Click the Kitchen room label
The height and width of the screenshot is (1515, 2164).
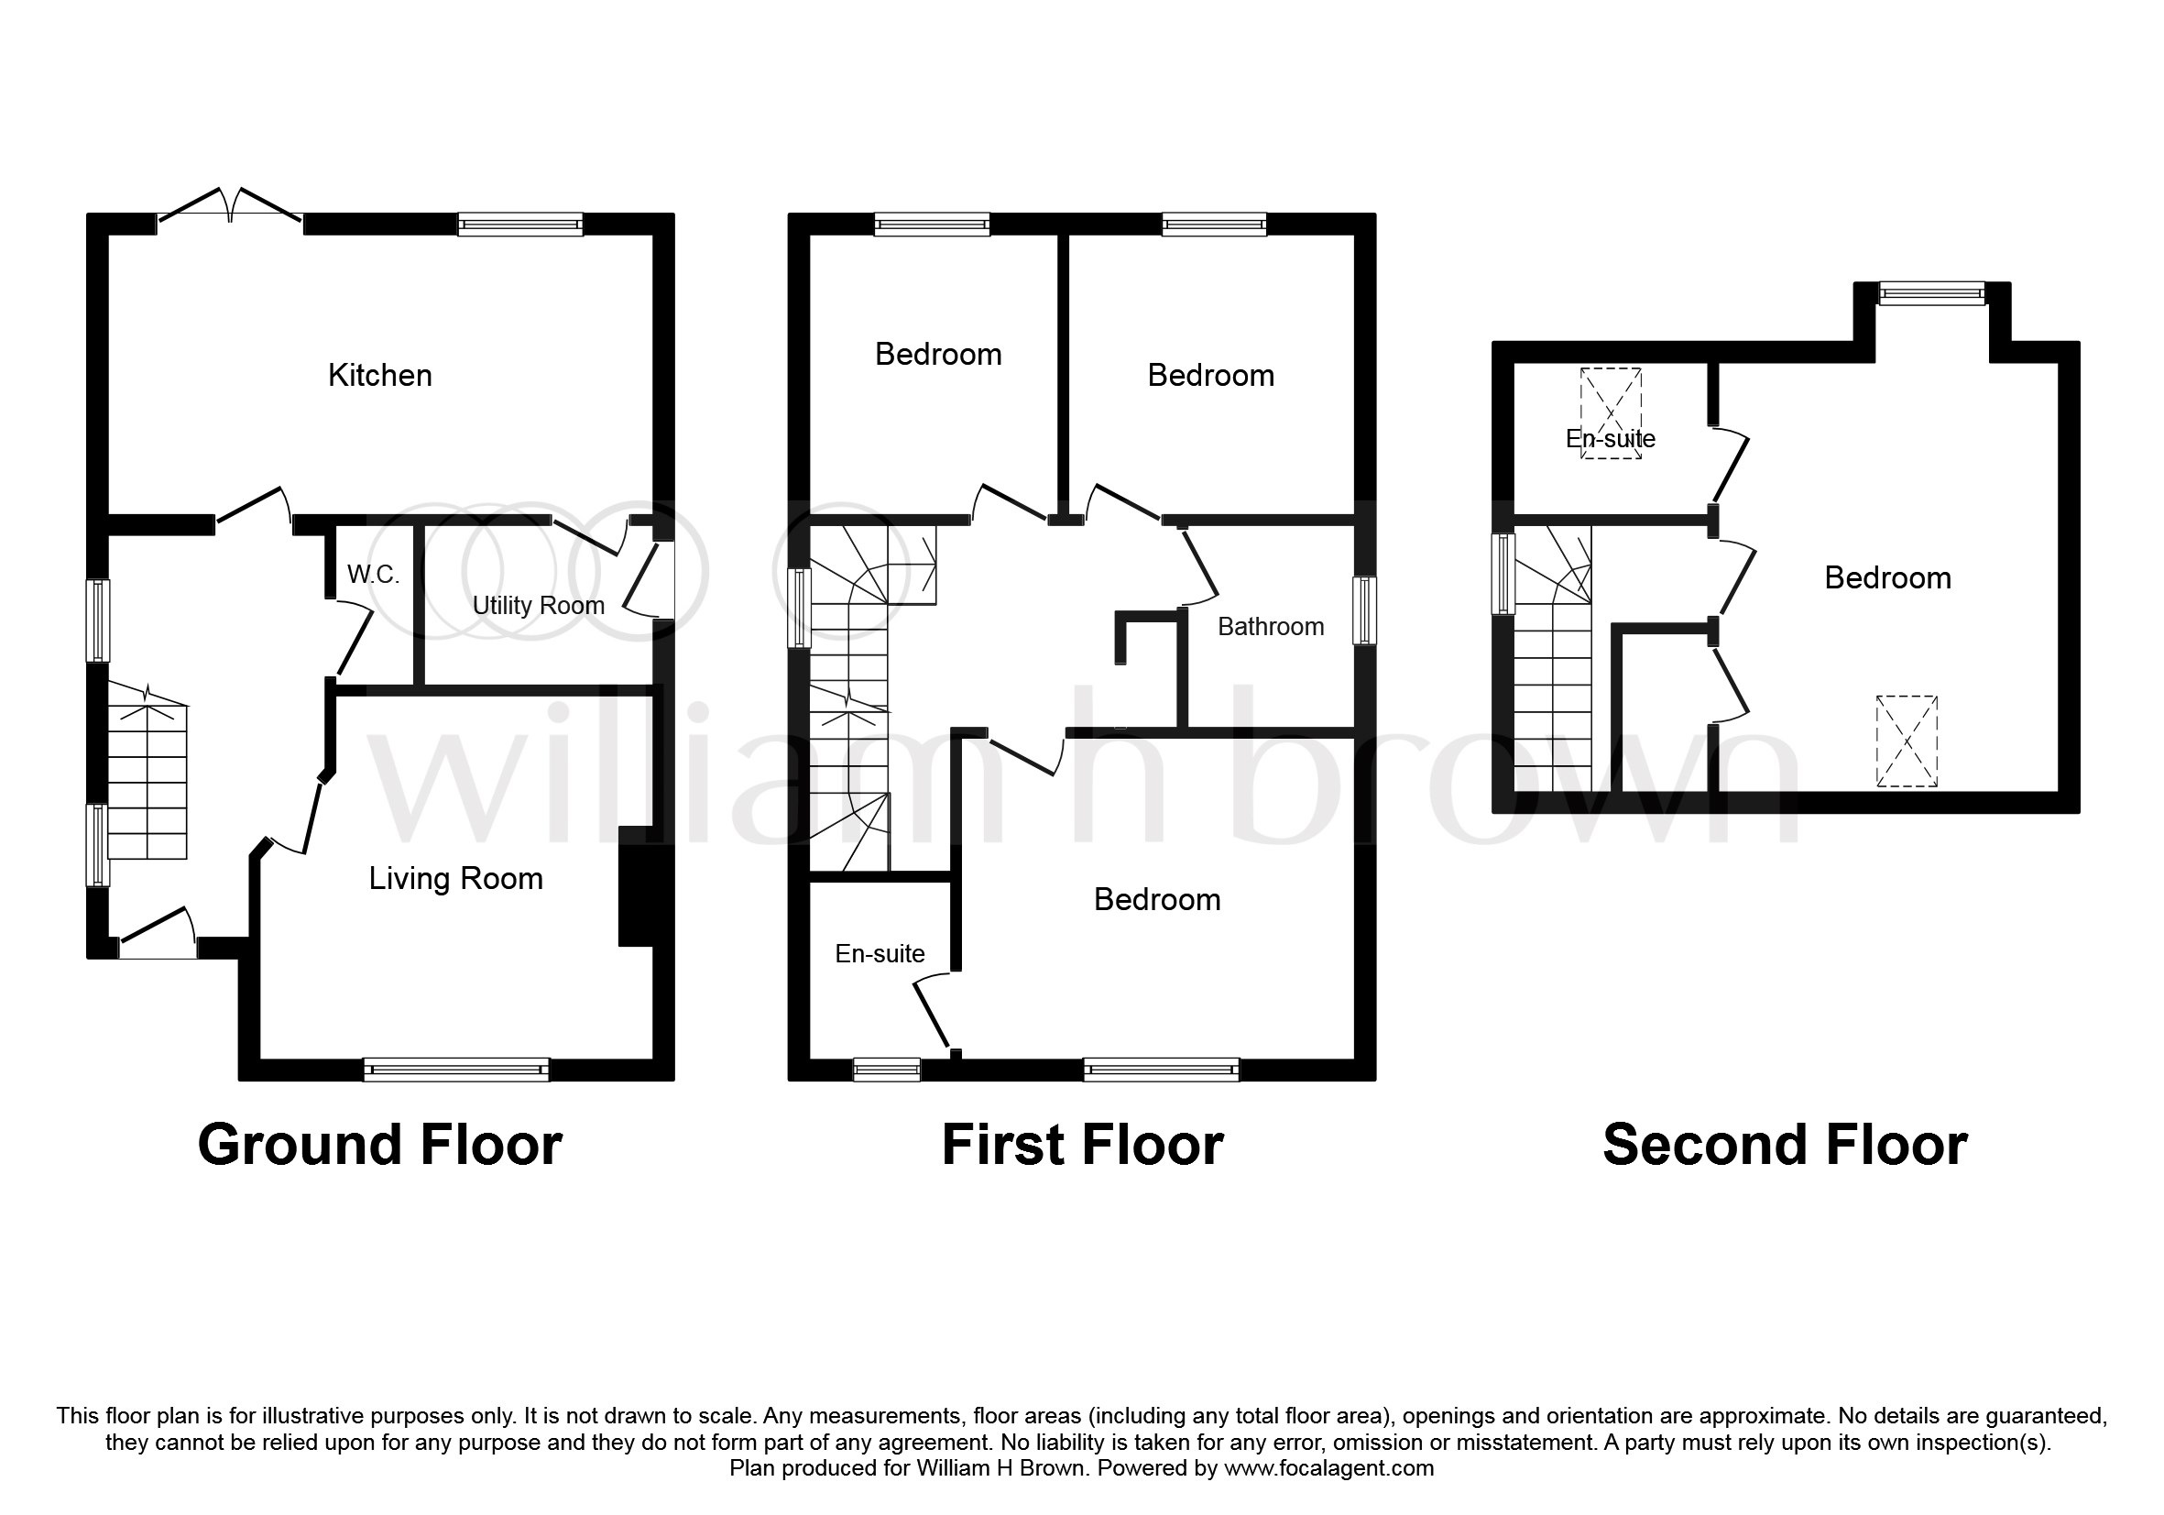(380, 375)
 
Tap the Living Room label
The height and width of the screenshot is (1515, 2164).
(456, 879)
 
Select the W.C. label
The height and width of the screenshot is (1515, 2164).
(373, 574)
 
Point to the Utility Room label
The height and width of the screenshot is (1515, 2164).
(538, 605)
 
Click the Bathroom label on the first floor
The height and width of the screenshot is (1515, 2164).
(1271, 627)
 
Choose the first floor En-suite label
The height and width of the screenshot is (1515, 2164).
(880, 954)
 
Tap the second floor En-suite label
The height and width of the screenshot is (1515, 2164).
(1611, 438)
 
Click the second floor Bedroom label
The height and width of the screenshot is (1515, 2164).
(1888, 578)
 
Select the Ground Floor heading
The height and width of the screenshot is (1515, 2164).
(380, 1146)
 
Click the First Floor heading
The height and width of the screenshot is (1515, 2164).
(1083, 1146)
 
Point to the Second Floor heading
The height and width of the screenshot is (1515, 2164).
(1785, 1146)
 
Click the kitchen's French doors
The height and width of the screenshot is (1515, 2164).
(231, 208)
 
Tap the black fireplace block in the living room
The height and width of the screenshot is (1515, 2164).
(635, 886)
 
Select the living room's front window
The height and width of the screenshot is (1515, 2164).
(456, 1069)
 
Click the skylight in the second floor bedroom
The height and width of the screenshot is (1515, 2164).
(1907, 741)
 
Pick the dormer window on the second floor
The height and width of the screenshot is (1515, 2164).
(1932, 294)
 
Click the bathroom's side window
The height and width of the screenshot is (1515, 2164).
(1365, 611)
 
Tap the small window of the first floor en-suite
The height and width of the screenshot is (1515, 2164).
(887, 1069)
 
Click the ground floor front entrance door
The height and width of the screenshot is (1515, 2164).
(158, 933)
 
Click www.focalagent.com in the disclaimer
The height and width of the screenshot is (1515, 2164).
(1329, 1468)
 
